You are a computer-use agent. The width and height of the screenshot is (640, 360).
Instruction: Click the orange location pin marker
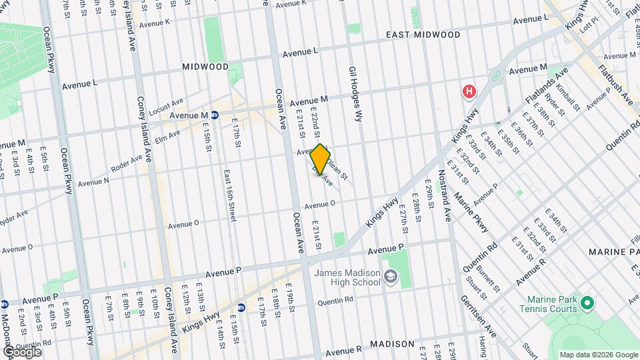[x=321, y=159]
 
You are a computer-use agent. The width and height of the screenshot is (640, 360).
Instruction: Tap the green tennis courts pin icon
[x=587, y=304]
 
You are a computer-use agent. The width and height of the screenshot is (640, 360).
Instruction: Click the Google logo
[x=21, y=351]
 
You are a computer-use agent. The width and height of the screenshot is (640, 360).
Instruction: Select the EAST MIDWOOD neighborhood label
[x=423, y=34]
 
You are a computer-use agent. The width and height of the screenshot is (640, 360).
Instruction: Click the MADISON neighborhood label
[x=393, y=344]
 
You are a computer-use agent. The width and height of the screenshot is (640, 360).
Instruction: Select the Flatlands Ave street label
[x=546, y=86]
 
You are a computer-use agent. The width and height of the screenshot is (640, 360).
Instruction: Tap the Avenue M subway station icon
[x=215, y=115]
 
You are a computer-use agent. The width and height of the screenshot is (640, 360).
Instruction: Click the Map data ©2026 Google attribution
[x=599, y=355]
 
